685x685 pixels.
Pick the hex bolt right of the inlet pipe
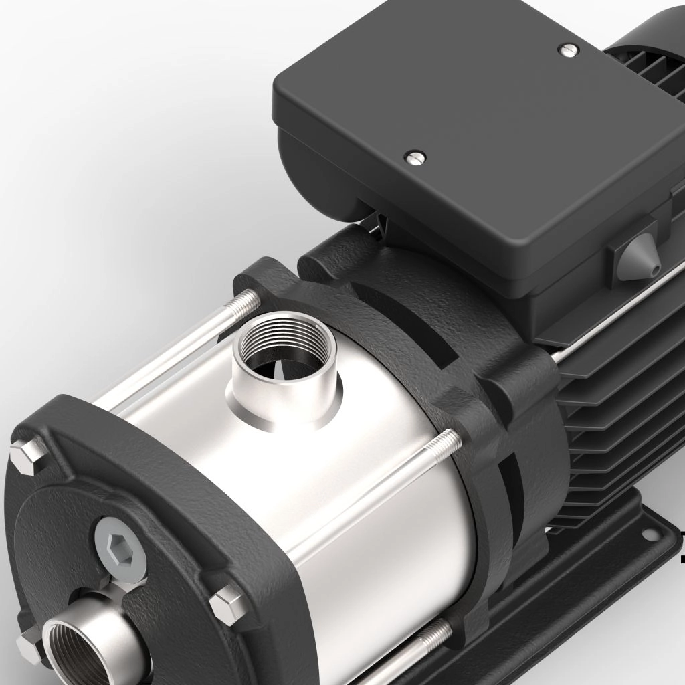[229, 604]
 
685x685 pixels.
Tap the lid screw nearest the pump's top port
[415, 157]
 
